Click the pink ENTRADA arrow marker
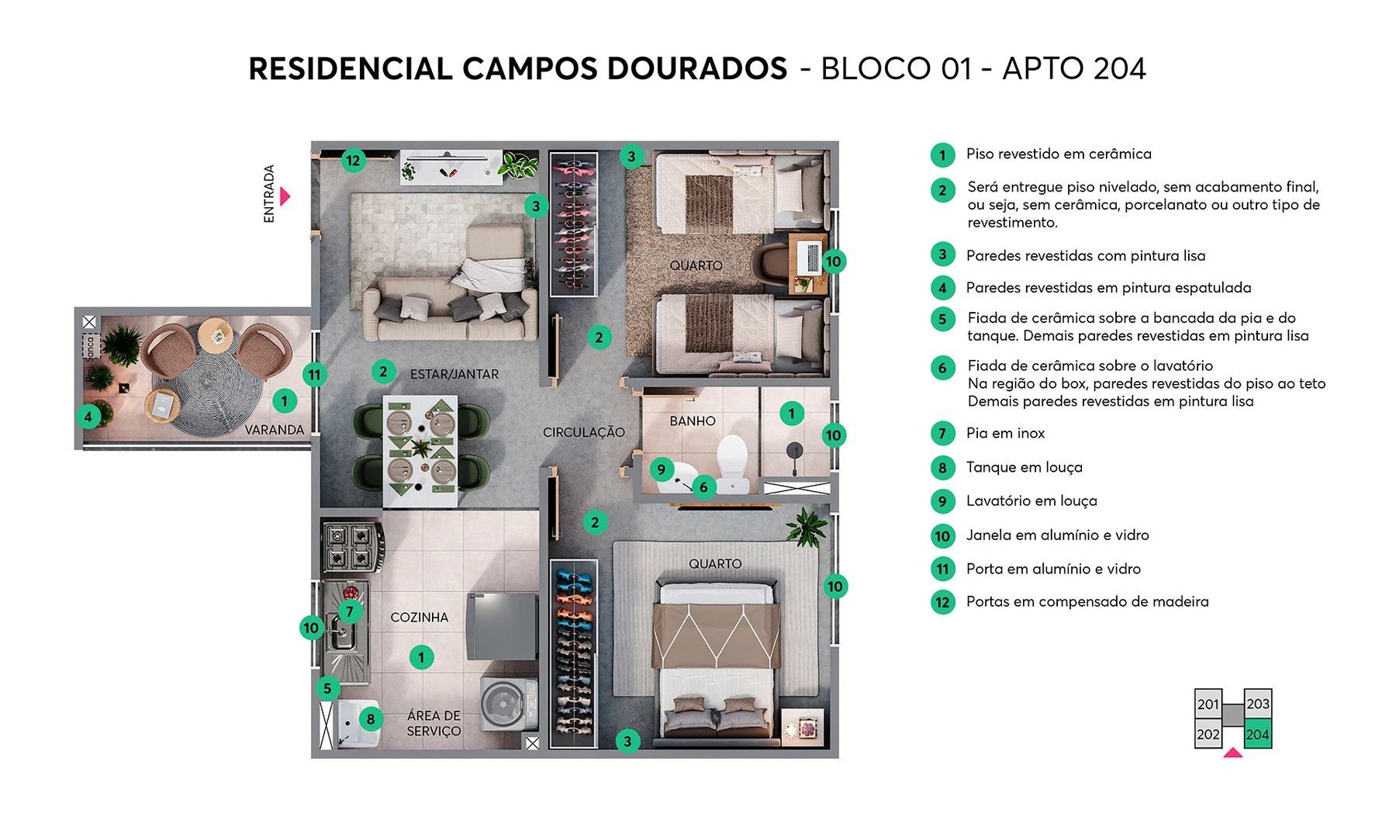(285, 196)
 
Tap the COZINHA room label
(419, 618)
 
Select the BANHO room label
(693, 421)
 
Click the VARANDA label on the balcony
(274, 429)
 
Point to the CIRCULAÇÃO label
(583, 432)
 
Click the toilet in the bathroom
(731, 462)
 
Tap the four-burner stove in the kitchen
(352, 545)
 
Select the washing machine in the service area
(508, 704)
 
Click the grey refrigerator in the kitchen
(502, 625)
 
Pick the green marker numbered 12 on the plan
(353, 161)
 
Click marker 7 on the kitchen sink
(350, 611)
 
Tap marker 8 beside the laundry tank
(371, 719)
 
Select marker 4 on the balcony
(88, 417)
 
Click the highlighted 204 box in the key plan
(1257, 734)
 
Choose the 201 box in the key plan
(1208, 704)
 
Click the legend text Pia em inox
(1005, 433)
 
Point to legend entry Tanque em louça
(1024, 467)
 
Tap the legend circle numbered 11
(942, 569)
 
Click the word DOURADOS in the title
(696, 68)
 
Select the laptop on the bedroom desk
(808, 257)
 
